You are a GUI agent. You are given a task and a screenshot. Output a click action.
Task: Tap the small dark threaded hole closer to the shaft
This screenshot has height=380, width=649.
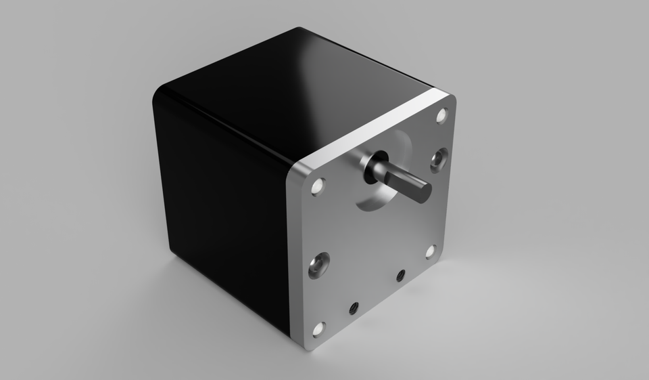coord(400,275)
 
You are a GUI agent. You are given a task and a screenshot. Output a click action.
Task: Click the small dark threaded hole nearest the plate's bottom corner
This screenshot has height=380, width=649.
coord(353,308)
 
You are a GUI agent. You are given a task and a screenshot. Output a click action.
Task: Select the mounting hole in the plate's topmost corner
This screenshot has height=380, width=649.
coord(442,116)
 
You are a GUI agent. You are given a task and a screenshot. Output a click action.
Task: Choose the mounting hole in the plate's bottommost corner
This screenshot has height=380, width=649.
coord(318,330)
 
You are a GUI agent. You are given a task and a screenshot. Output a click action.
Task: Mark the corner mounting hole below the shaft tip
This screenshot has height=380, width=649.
coord(431,252)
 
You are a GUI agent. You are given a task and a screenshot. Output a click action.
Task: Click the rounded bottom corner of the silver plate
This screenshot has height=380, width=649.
coord(307,344)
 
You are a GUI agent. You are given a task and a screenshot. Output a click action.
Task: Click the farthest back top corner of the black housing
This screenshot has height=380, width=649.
coord(298,30)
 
